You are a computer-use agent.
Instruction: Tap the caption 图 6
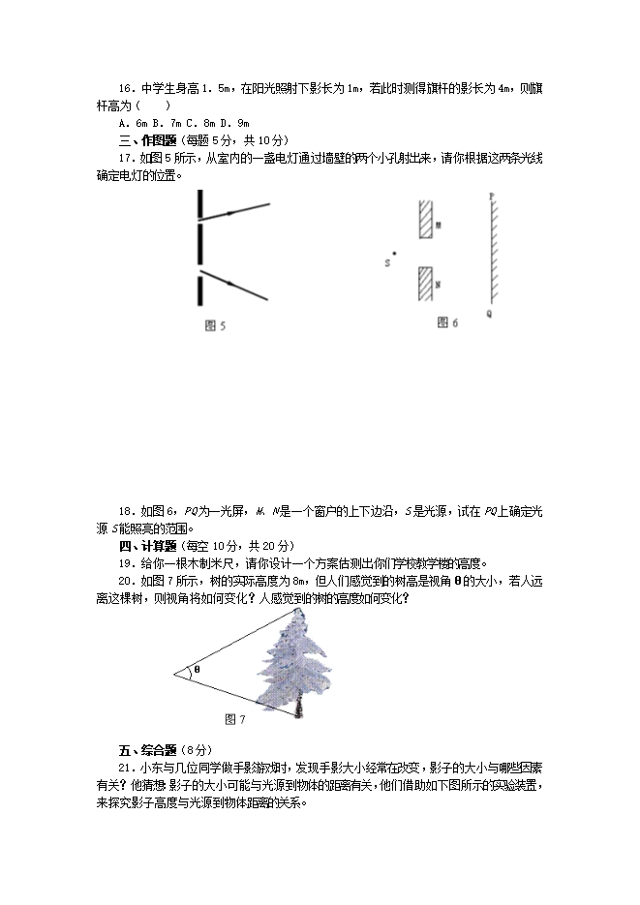[447, 321]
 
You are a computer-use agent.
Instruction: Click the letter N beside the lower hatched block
[438, 285]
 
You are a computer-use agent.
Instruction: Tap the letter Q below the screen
[489, 314]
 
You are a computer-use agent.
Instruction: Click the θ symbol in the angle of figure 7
[197, 669]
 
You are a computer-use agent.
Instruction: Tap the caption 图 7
[234, 719]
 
